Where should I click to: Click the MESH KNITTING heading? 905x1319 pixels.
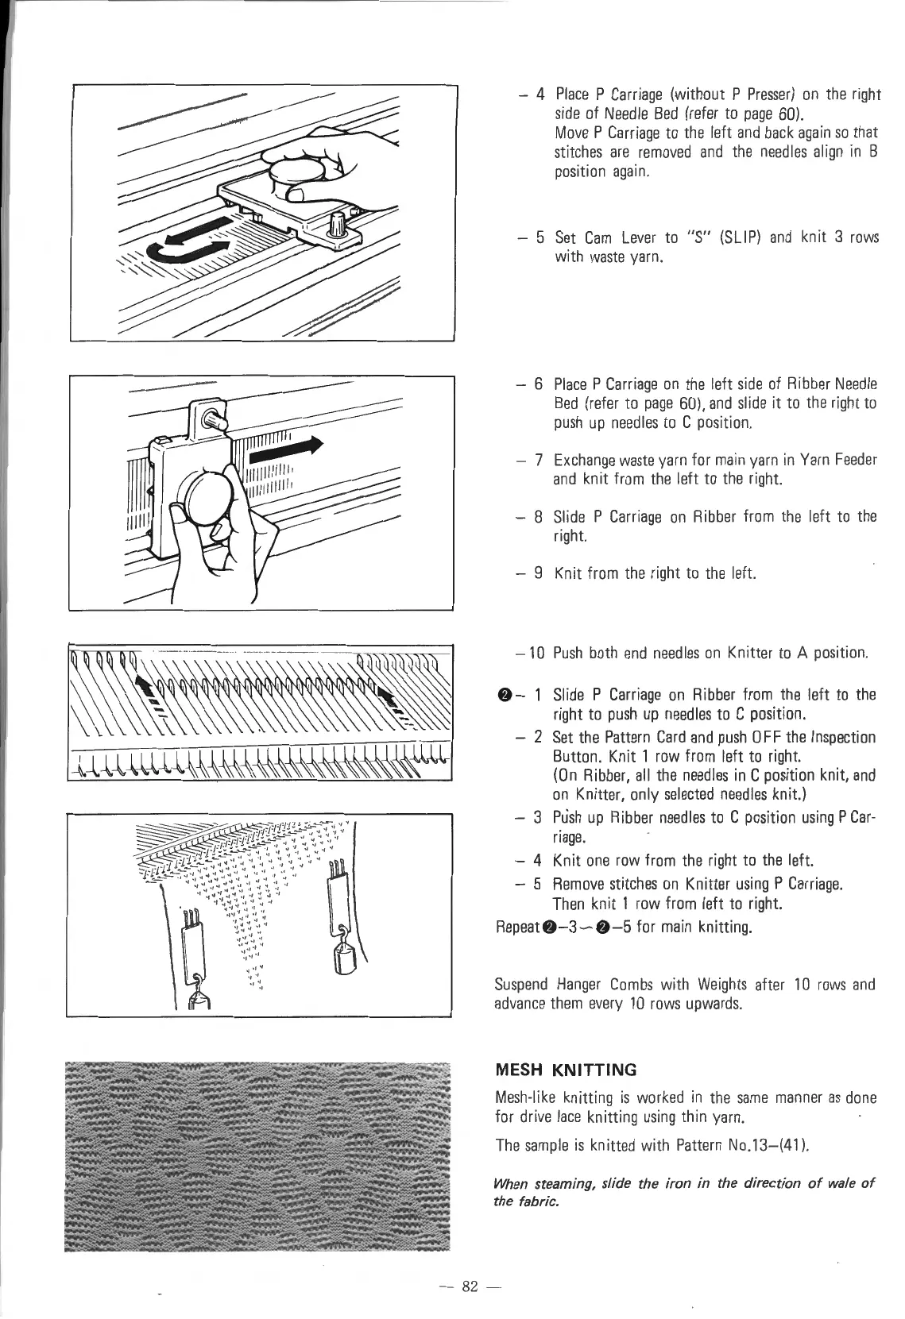pos(565,1070)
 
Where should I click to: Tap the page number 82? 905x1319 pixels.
pos(467,1286)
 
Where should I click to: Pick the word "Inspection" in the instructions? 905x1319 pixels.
pos(844,738)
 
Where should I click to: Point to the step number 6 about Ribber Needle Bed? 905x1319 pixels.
pos(538,384)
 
